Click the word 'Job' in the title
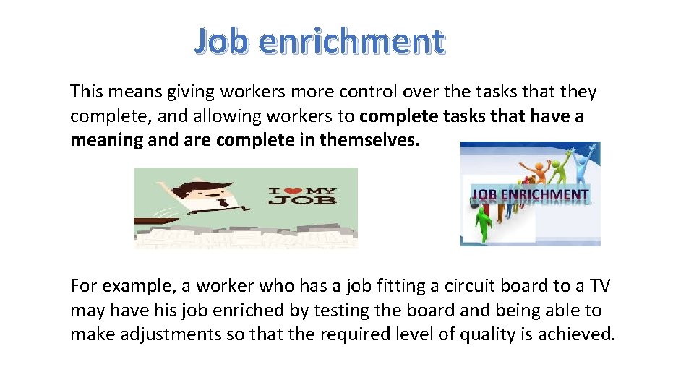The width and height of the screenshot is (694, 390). click(x=221, y=41)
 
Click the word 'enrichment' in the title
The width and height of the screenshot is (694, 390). click(x=351, y=41)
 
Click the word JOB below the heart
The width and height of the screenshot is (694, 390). click(x=302, y=199)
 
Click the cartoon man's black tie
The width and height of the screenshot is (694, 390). click(x=223, y=203)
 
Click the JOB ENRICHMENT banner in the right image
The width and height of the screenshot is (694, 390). click(x=530, y=194)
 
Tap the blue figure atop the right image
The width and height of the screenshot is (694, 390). click(x=591, y=154)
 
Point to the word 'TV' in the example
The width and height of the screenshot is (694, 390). click(x=599, y=285)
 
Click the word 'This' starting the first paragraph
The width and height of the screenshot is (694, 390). click(x=87, y=92)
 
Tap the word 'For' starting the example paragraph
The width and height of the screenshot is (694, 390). click(x=83, y=285)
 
